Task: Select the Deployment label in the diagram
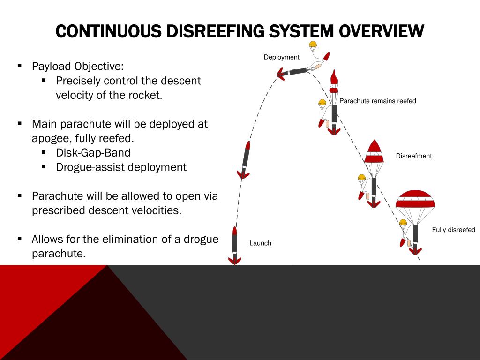pyautogui.click(x=281, y=57)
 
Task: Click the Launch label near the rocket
pyautogui.click(x=260, y=243)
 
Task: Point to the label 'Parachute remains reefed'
pyautogui.click(x=378, y=101)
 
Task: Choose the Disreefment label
pyautogui.click(x=413, y=156)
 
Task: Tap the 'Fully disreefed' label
pyautogui.click(x=453, y=230)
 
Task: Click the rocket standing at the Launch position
pyautogui.click(x=235, y=245)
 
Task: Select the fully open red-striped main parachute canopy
pyautogui.click(x=415, y=199)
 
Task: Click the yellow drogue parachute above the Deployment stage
pyautogui.click(x=313, y=46)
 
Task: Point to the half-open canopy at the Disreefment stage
pyautogui.click(x=374, y=151)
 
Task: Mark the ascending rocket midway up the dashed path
pyautogui.click(x=245, y=161)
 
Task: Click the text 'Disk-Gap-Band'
pyautogui.click(x=93, y=153)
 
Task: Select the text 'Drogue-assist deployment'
pyautogui.click(x=121, y=167)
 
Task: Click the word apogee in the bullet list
pyautogui.click(x=49, y=139)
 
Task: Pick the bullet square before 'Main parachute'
pyautogui.click(x=20, y=124)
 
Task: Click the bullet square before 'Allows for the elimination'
pyautogui.click(x=20, y=239)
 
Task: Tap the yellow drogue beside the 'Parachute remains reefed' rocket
pyautogui.click(x=322, y=102)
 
